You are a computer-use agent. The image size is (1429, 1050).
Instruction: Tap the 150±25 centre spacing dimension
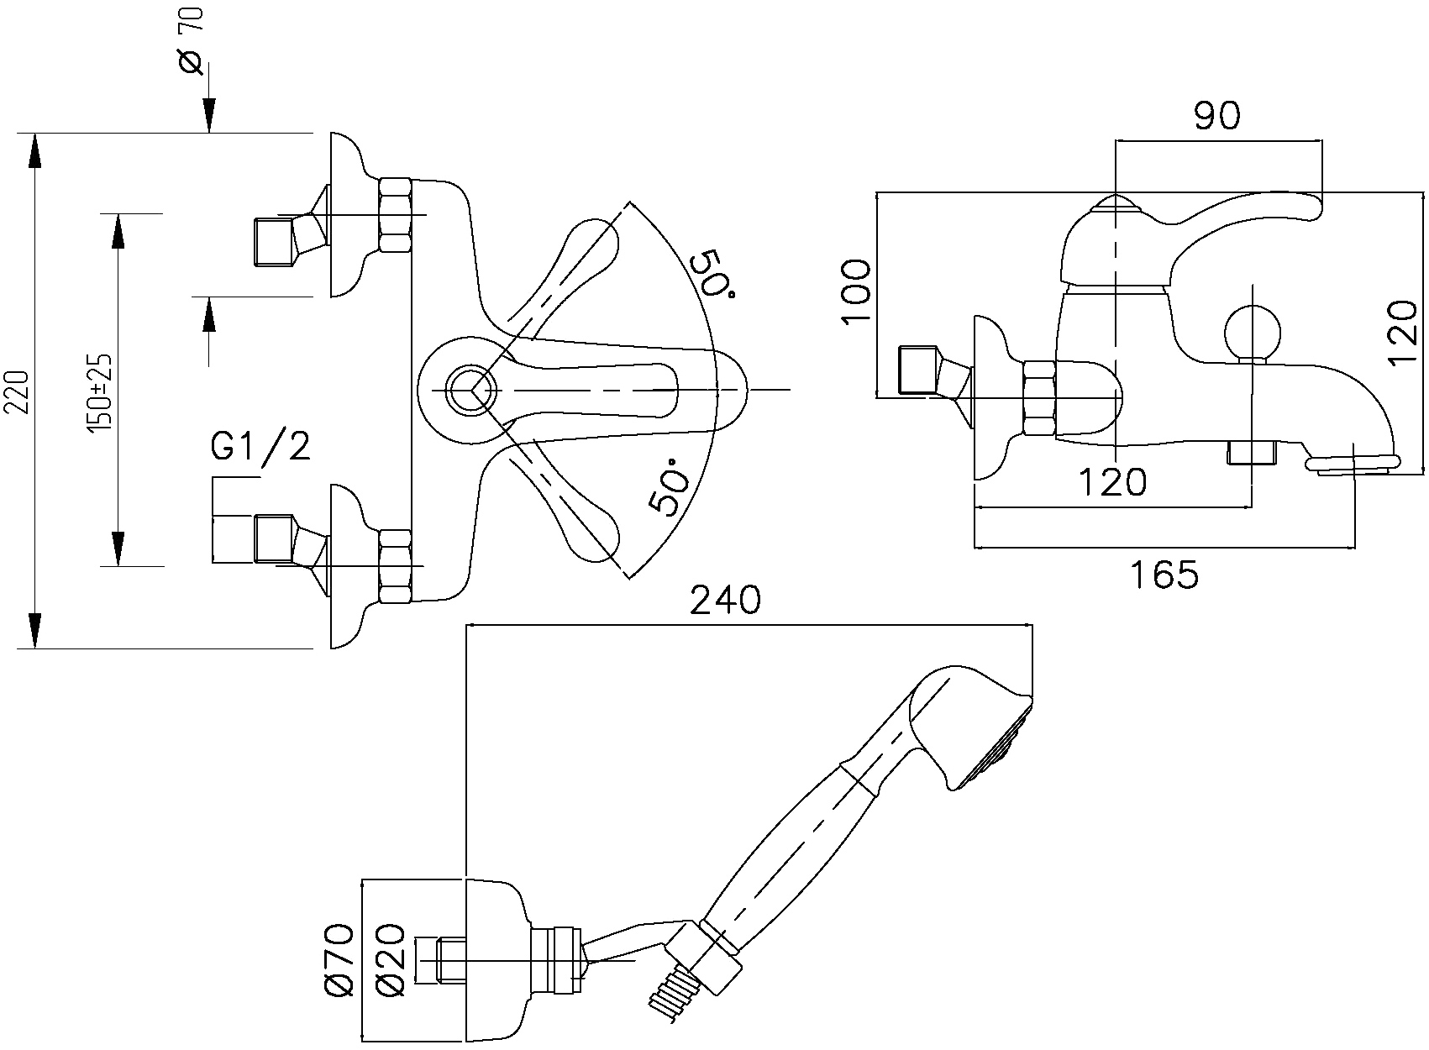point(100,391)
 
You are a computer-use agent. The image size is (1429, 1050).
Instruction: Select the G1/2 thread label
point(260,446)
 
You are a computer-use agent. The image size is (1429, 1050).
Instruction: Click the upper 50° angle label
point(713,281)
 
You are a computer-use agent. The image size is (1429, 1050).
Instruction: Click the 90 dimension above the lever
point(1217,115)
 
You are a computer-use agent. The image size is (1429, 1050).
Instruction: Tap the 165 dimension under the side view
point(1164,575)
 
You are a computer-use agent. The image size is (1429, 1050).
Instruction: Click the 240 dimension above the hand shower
point(725,600)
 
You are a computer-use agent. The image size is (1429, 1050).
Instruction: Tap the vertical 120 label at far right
point(1401,332)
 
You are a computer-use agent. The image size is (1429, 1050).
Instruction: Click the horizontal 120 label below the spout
point(1112,482)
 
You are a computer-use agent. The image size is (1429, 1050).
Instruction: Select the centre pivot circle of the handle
point(470,390)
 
